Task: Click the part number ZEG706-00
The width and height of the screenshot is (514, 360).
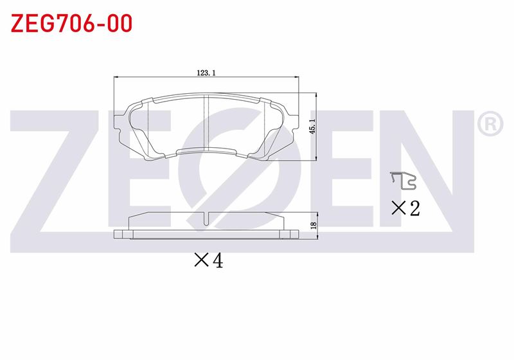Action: pos(71,23)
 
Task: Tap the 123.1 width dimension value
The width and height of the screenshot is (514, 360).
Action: pos(206,73)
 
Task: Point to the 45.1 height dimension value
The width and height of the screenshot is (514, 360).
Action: pos(312,127)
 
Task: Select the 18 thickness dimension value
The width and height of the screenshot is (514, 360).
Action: pos(314,225)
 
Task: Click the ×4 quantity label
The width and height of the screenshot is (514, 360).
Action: pos(208,260)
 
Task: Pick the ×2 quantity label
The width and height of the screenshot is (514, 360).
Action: pos(405,208)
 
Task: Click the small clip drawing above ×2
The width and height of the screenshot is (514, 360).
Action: pos(403,181)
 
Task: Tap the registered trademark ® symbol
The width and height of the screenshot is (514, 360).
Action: pos(490,124)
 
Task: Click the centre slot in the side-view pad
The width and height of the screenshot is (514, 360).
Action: pos(206,219)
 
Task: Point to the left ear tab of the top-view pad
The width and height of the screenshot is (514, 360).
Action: pos(118,124)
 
